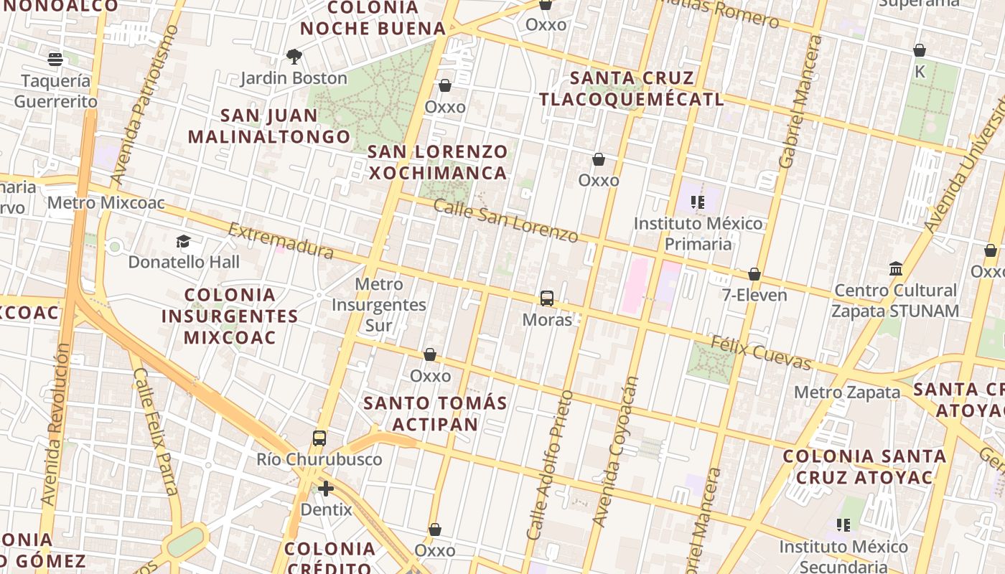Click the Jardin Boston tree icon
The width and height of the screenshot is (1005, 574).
(294, 57)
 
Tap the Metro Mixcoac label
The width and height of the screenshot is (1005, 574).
(106, 203)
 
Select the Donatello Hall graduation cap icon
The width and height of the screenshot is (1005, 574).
(184, 242)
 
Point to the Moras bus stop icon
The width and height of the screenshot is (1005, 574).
(547, 298)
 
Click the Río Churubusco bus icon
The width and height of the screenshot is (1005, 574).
(319, 438)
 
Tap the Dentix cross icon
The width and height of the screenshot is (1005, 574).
(326, 489)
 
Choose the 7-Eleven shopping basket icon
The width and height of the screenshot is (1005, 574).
(754, 274)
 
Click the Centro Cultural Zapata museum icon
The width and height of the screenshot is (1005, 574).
(896, 269)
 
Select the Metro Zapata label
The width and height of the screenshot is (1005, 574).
(847, 392)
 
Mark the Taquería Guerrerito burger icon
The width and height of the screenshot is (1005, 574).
(56, 59)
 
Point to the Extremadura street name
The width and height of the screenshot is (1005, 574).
(281, 240)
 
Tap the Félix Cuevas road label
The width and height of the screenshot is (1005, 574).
(761, 352)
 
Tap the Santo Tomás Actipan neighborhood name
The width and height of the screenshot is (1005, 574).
(435, 413)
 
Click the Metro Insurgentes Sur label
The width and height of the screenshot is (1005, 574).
(379, 305)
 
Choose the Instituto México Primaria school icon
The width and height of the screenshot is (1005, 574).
(696, 202)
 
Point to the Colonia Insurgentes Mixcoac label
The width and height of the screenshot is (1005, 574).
(230, 316)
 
